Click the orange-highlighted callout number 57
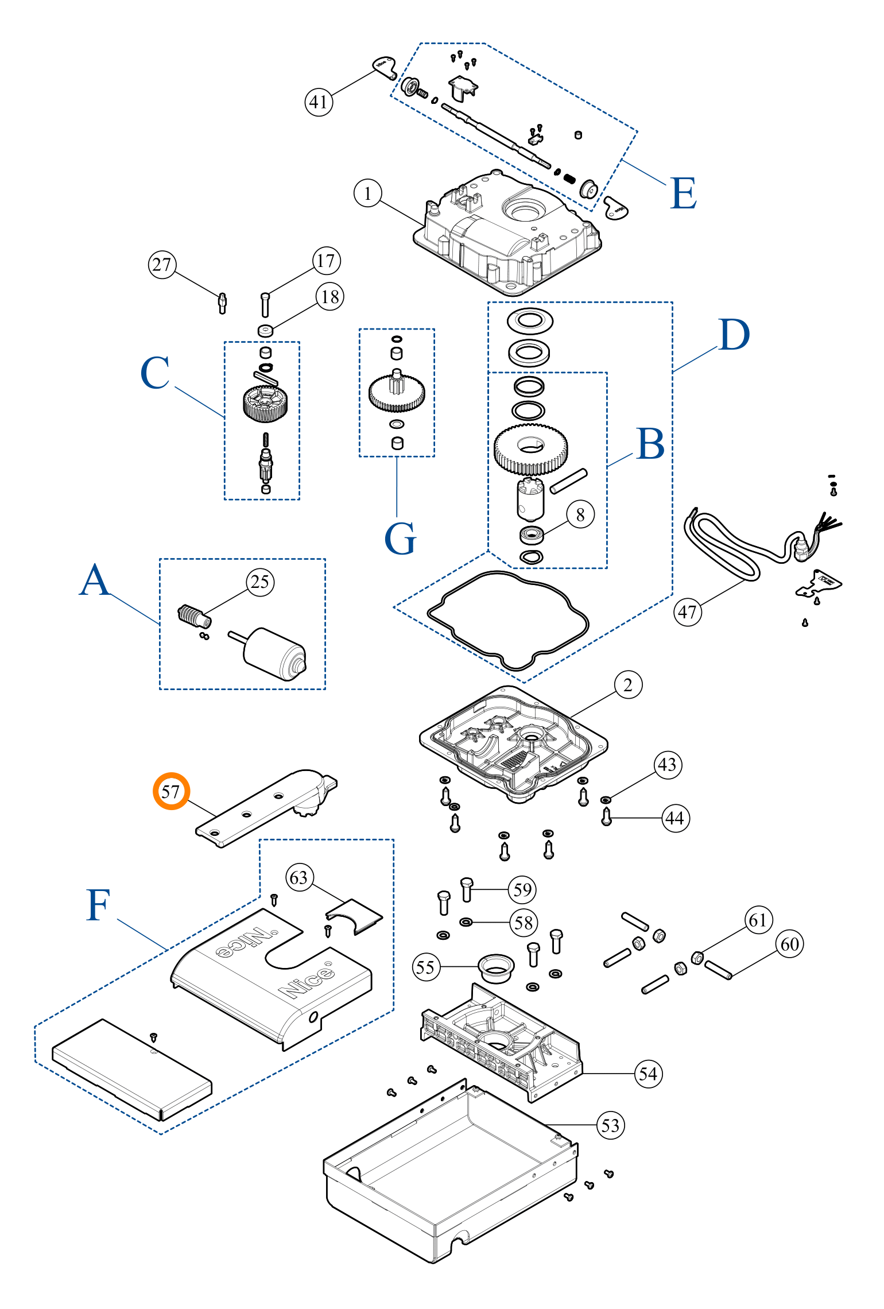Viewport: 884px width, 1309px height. (x=170, y=791)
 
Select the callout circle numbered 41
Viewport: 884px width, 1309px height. (x=319, y=102)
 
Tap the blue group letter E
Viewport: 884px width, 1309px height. (x=683, y=193)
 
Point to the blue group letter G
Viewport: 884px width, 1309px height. (x=400, y=539)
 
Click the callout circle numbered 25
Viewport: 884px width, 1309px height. (x=260, y=582)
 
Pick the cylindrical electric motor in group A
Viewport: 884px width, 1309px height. (x=270, y=652)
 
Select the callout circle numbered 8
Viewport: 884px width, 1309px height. (x=580, y=514)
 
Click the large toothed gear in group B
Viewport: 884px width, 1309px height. (x=530, y=448)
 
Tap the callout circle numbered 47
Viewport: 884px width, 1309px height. (x=687, y=612)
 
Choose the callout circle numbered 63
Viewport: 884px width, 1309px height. (x=299, y=878)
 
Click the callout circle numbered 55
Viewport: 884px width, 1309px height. (x=426, y=967)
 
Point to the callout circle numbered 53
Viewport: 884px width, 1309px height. (x=610, y=1125)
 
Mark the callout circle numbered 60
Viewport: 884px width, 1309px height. (x=789, y=944)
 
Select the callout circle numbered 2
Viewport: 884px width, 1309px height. (x=628, y=684)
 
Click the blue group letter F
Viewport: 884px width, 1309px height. (x=98, y=905)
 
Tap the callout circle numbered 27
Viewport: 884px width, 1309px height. (x=162, y=265)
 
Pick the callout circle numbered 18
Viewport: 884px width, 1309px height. (x=330, y=297)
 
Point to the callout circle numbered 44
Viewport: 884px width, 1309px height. (x=675, y=818)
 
